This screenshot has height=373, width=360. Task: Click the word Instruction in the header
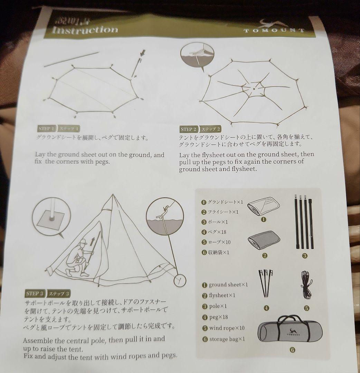[85, 29]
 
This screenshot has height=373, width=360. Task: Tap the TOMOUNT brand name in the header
[275, 30]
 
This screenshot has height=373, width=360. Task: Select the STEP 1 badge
[46, 128]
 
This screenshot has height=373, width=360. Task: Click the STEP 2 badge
[188, 130]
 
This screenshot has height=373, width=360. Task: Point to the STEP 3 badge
[35, 294]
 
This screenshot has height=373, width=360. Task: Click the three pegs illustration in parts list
[265, 283]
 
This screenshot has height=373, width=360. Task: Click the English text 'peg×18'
[218, 317]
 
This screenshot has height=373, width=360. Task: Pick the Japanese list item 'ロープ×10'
[219, 242]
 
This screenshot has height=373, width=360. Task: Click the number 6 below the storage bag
[292, 350]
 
